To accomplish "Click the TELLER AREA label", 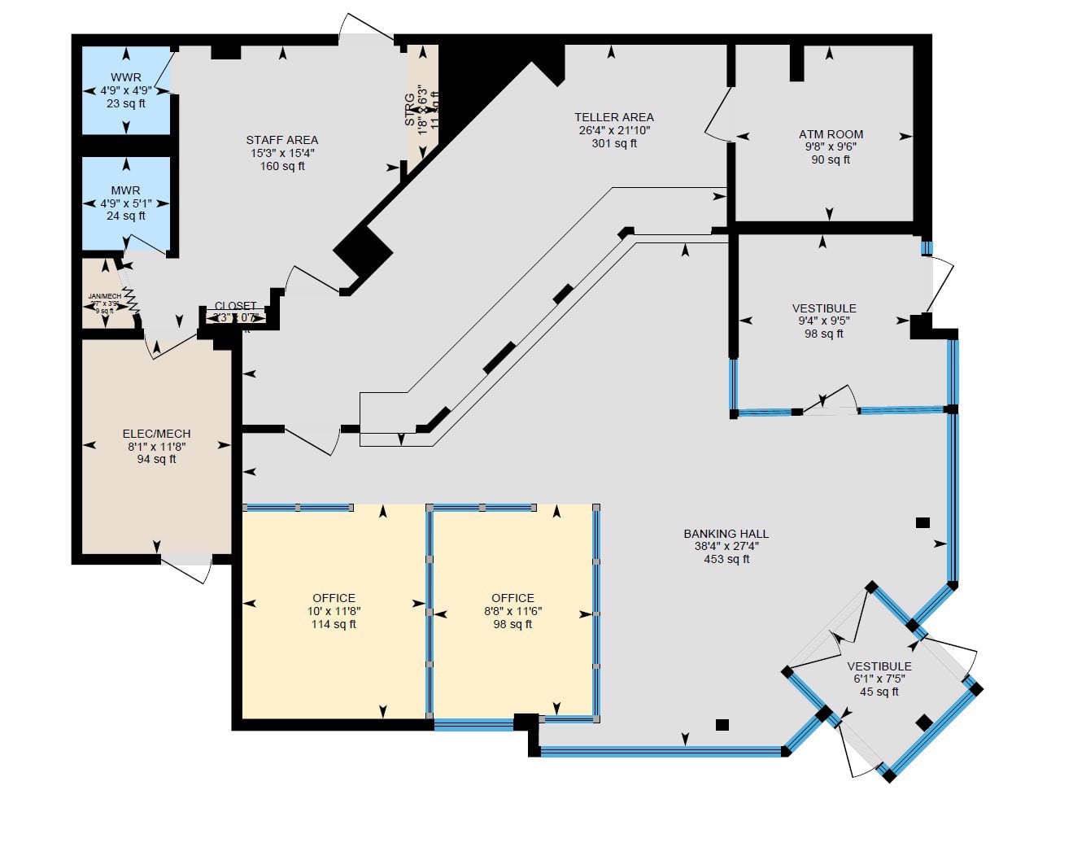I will (x=613, y=117).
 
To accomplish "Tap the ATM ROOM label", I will (x=831, y=134).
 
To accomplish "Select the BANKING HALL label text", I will (x=726, y=534).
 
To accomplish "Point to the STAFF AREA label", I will (x=282, y=140).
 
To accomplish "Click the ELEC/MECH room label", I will (x=156, y=434).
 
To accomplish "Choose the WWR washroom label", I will (x=126, y=78).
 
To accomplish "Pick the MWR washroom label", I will (x=126, y=190).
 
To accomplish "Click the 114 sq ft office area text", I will (x=334, y=624).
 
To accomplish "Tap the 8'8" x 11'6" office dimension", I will (x=512, y=611).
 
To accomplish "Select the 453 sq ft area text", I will (x=726, y=559).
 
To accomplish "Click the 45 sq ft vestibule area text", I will (x=879, y=692).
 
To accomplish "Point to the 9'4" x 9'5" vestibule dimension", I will (x=824, y=321).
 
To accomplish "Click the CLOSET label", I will (x=236, y=307).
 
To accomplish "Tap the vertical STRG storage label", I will (x=410, y=110).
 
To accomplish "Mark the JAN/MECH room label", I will (x=105, y=296).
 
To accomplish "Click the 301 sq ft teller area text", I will (x=613, y=143).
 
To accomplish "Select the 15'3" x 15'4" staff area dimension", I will (x=282, y=153).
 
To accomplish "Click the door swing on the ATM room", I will (x=716, y=118).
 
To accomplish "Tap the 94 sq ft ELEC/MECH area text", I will (x=156, y=459).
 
